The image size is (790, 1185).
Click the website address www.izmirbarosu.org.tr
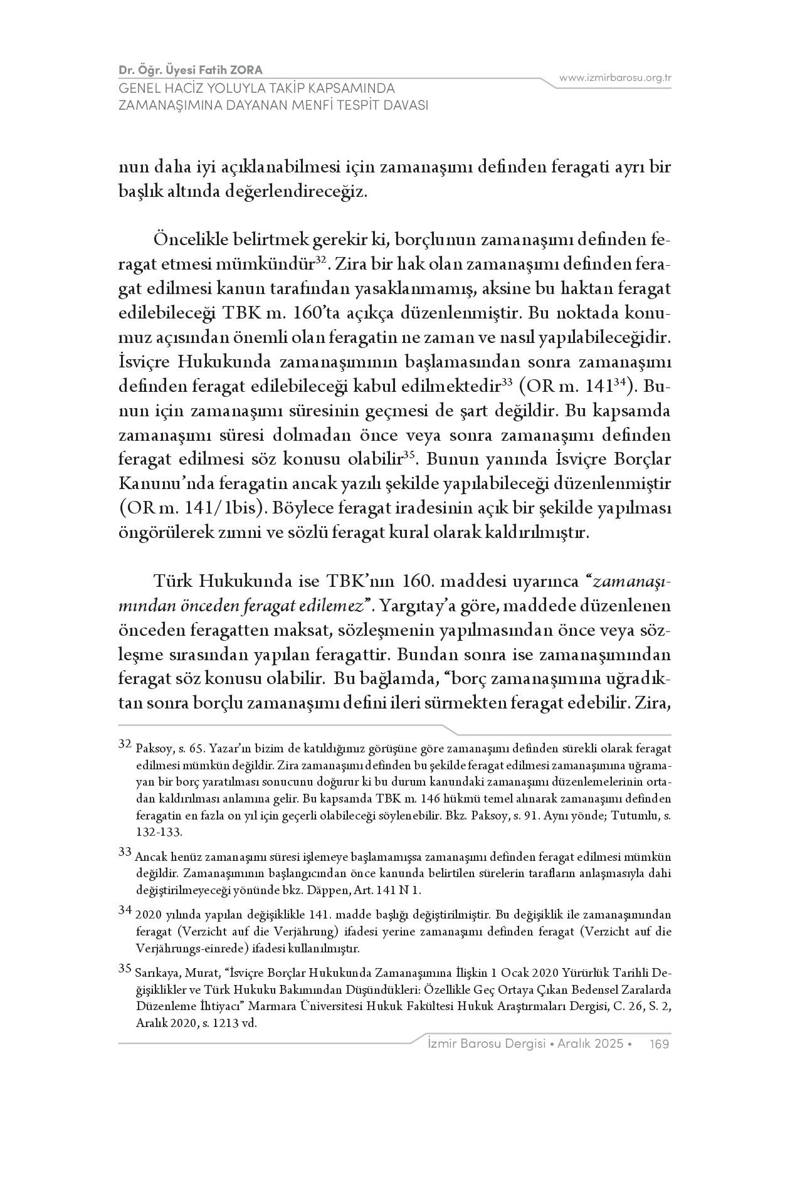tap(615, 78)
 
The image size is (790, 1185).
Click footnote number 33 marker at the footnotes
tap(125, 851)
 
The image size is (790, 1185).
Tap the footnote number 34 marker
tap(125, 909)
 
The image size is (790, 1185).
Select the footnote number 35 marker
tap(125, 968)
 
